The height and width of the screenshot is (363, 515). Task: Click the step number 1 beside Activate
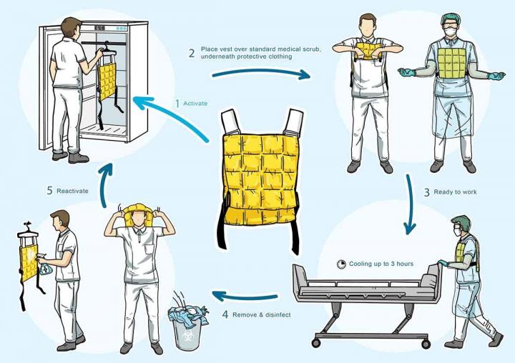tap(177, 104)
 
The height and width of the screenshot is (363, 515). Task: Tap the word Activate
tap(195, 104)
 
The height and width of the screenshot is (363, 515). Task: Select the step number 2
tap(192, 53)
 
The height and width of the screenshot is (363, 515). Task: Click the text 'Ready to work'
tap(455, 192)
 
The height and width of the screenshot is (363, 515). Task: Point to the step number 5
tap(49, 191)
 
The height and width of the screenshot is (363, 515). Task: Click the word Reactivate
tap(72, 191)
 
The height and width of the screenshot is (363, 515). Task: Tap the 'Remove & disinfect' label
tap(262, 314)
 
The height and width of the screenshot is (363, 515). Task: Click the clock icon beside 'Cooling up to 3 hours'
tap(342, 264)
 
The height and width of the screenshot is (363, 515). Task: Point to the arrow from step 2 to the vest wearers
tap(261, 73)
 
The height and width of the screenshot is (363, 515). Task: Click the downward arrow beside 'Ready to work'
tap(410, 204)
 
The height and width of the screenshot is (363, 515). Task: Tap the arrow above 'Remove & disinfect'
tap(245, 297)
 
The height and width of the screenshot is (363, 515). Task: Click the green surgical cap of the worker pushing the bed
tap(461, 222)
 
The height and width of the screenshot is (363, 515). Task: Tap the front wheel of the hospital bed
tap(316, 343)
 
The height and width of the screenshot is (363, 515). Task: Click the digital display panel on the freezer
tap(100, 28)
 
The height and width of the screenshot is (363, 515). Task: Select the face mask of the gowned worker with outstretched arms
tap(450, 32)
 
